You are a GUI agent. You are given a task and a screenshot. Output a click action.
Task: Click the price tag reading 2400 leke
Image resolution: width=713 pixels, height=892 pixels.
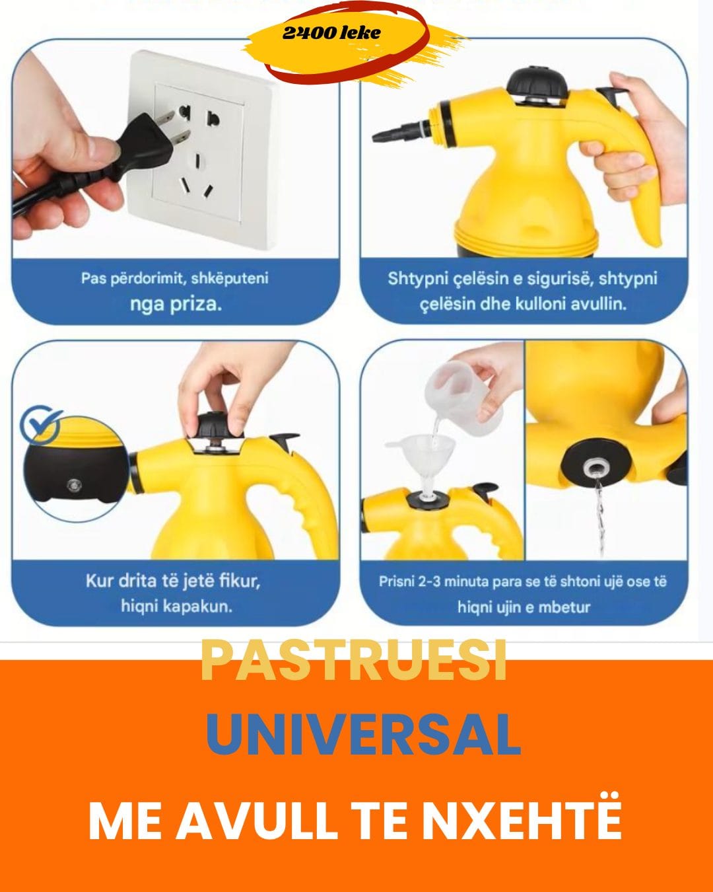331,33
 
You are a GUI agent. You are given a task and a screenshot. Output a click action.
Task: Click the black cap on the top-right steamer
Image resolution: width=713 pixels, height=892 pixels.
538,85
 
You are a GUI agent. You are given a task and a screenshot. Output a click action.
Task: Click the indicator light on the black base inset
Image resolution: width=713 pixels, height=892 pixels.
75,484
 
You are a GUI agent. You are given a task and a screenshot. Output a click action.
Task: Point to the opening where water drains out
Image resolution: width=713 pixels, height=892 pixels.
595,468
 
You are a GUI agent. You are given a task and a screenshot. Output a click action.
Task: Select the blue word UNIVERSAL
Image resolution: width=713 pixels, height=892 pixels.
363,735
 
